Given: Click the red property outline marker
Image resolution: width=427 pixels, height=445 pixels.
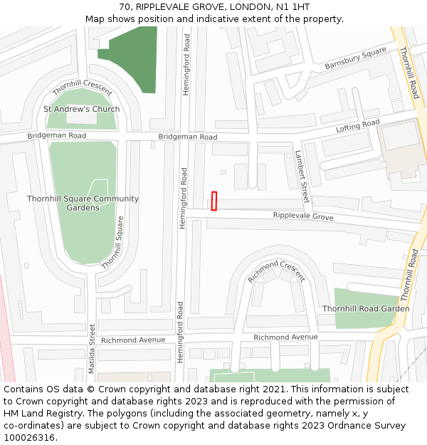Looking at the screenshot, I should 213,201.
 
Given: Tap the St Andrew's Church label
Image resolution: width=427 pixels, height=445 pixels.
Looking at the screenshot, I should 81,109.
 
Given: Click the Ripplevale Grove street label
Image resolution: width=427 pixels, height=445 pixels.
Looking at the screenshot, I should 303,216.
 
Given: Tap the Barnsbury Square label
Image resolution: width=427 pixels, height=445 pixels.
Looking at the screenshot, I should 355,58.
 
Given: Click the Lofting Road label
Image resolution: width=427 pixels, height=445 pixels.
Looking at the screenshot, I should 358,127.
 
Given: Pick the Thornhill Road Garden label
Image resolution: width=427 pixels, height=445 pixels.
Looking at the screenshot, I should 366,309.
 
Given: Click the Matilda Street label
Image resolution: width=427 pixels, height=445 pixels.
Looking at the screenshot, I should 92,344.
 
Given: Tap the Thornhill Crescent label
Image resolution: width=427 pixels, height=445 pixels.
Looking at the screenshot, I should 82,88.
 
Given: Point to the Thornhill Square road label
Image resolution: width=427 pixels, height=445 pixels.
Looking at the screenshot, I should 113,242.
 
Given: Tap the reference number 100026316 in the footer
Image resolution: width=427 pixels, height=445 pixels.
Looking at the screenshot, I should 29,437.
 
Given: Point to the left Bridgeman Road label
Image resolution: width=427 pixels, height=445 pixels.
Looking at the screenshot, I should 57,135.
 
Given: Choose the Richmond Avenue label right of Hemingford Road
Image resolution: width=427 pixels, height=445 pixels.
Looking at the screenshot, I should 285,337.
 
